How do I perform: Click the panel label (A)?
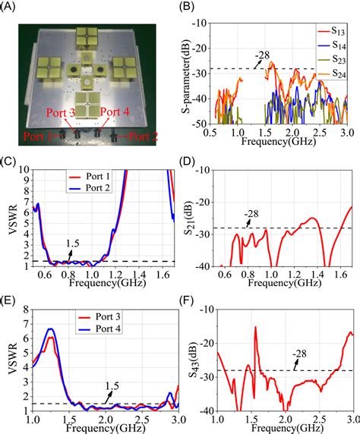pyautogui.click(x=13, y=8)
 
